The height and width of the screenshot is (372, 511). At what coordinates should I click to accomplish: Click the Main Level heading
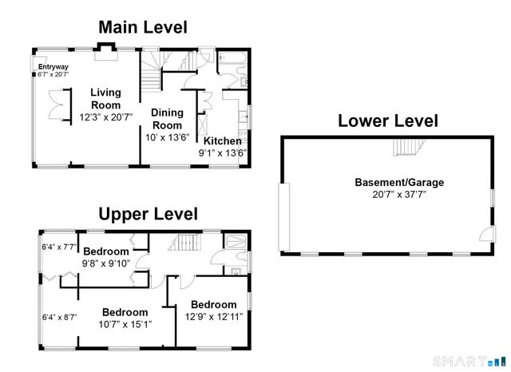[142, 27]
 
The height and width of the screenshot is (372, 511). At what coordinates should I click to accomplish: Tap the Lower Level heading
[387, 121]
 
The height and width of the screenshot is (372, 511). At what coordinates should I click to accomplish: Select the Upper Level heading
[148, 214]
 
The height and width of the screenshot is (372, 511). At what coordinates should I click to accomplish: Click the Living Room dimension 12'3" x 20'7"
[105, 117]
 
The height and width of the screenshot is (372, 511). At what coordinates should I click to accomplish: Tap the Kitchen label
[222, 140]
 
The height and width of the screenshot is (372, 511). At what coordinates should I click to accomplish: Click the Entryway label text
[53, 66]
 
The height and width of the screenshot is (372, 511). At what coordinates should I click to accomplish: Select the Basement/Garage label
[398, 182]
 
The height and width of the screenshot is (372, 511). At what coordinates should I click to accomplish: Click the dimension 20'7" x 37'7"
[398, 194]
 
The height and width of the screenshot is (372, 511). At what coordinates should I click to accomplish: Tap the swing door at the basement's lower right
[484, 232]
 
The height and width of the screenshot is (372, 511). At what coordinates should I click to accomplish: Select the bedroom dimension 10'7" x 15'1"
[124, 324]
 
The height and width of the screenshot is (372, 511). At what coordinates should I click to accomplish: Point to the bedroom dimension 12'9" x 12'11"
[213, 316]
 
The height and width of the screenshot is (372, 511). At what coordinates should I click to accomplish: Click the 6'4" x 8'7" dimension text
[60, 317]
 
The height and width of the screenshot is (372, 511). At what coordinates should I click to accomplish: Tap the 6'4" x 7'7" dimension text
[59, 247]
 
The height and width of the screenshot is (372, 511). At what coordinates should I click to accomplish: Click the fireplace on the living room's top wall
[105, 51]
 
